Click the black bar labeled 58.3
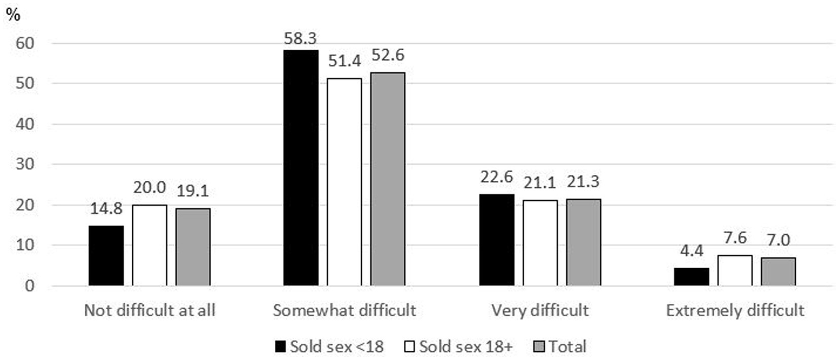pyautogui.click(x=300, y=168)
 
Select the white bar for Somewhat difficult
pyautogui.click(x=344, y=182)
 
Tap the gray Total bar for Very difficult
pyautogui.click(x=583, y=242)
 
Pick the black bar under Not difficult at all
pyautogui.click(x=105, y=256)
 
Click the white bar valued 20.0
pyautogui.click(x=149, y=245)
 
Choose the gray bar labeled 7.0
pyautogui.click(x=778, y=272)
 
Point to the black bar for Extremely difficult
pyautogui.click(x=691, y=276)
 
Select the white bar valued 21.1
pyautogui.click(x=540, y=243)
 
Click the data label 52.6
pyautogui.click(x=388, y=56)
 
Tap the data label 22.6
pyautogui.click(x=496, y=178)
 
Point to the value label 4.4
pyautogui.click(x=691, y=252)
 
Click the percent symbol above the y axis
pyautogui.click(x=13, y=15)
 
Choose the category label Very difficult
pyautogui.click(x=539, y=311)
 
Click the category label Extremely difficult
pyautogui.click(x=735, y=311)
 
